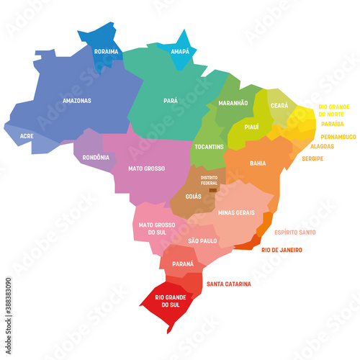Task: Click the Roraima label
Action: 107,52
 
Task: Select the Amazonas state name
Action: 76,101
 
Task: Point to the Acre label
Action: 27,135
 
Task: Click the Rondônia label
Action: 96,157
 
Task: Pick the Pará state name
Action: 171,101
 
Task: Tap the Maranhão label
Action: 232,104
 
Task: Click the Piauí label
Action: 251,126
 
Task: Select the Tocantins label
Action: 209,146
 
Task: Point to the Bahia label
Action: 257,163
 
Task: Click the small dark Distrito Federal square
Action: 212,191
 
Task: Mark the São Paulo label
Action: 202,239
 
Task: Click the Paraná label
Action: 183,264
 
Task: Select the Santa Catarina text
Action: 229,284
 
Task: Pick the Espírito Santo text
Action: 294,233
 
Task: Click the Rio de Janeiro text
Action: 287,250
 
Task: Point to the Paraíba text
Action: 332,124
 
